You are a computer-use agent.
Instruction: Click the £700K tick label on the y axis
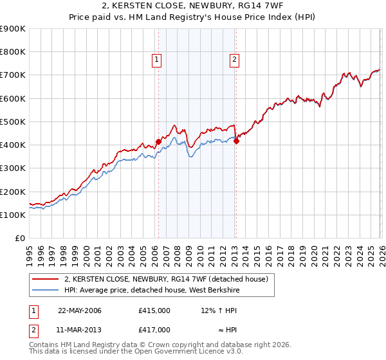[13, 75]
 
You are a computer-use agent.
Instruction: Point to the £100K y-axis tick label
[13, 215]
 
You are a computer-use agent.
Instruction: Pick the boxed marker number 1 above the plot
[158, 60]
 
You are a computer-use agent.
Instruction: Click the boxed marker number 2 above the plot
[234, 60]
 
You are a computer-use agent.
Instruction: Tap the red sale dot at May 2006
[158, 141]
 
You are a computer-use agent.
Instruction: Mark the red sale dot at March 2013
[236, 141]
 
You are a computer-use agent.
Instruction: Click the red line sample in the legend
[45, 279]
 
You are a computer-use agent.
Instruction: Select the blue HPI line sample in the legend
[45, 290]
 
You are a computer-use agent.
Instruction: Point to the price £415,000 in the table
[154, 310]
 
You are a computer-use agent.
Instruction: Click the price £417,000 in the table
[154, 329]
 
